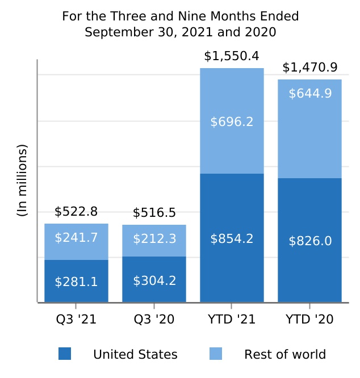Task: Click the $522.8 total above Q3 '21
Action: click(x=76, y=212)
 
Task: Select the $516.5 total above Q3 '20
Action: click(x=154, y=213)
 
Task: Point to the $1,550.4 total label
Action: click(x=232, y=56)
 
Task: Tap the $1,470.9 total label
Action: click(x=310, y=68)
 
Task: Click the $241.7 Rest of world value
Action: click(x=76, y=237)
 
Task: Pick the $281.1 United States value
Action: click(x=76, y=282)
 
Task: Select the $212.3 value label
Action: click(x=154, y=238)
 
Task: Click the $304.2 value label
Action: click(x=154, y=280)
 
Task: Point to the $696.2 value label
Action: click(x=232, y=121)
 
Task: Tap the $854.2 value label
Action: click(x=232, y=238)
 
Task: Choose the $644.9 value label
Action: click(x=310, y=93)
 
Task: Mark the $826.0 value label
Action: click(x=310, y=241)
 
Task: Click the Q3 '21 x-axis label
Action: click(x=76, y=319)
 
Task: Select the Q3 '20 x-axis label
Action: click(x=154, y=319)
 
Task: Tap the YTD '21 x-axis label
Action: click(x=232, y=319)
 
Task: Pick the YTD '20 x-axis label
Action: click(x=309, y=319)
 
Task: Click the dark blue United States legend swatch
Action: click(x=65, y=354)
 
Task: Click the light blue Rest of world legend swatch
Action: click(x=216, y=354)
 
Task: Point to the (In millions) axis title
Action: click(x=22, y=180)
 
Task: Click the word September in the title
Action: click(x=119, y=32)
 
